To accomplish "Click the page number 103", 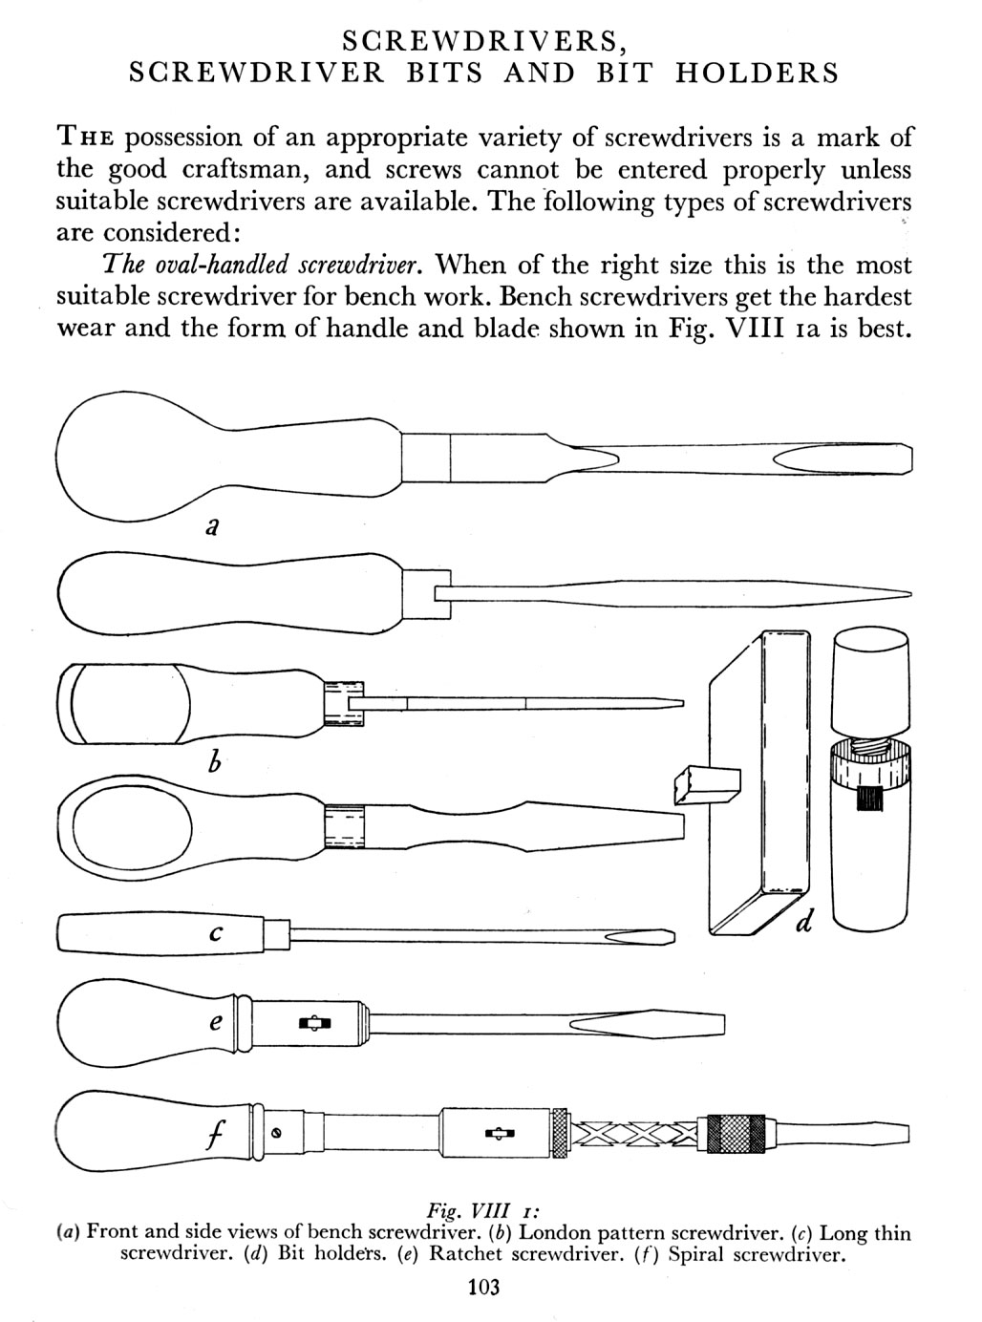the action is click(x=484, y=1288).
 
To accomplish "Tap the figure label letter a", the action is click(x=214, y=525).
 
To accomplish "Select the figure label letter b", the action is click(x=215, y=762).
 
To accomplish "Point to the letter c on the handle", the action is click(x=216, y=934).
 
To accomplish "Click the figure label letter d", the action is click(x=805, y=922).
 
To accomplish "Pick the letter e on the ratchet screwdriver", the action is click(x=217, y=1021).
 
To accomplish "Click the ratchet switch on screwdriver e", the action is click(x=314, y=1024).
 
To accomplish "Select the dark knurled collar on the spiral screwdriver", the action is click(x=735, y=1134).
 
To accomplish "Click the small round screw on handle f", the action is click(x=276, y=1134).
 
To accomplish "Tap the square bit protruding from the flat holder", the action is click(x=707, y=782).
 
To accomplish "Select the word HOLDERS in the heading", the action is click(x=757, y=74).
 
